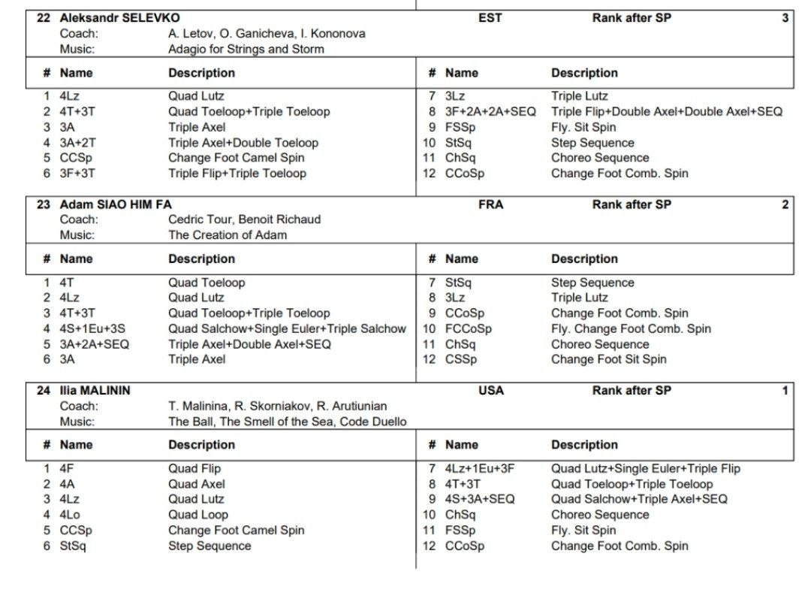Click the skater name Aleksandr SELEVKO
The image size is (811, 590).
[120, 18]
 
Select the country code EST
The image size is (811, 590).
[490, 18]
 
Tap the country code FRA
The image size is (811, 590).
[490, 204]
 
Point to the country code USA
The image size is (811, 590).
[490, 390]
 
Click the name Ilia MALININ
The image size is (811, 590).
[95, 390]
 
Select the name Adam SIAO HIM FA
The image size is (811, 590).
[116, 204]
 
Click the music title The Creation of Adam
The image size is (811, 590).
[228, 234]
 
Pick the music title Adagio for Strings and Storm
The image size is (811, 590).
[246, 49]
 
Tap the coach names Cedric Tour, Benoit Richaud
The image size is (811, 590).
[244, 219]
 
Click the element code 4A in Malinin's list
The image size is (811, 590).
[68, 484]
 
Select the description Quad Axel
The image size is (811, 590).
[196, 484]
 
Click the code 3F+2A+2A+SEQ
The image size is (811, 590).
[490, 111]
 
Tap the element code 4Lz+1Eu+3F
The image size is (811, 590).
[480, 468]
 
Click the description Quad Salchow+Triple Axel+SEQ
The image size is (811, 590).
[639, 499]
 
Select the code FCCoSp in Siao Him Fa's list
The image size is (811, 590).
[468, 328]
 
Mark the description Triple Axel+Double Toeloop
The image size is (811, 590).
[243, 143]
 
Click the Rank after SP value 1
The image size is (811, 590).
[785, 390]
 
